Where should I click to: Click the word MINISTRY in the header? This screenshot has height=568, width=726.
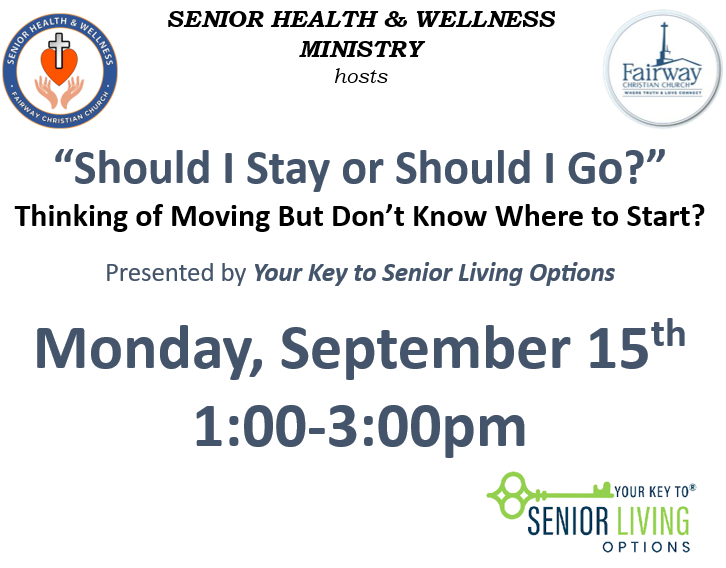[362, 49]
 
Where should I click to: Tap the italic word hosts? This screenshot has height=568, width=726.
[361, 76]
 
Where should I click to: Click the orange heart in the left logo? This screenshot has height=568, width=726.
[59, 66]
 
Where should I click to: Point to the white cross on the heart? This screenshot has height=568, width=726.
[59, 50]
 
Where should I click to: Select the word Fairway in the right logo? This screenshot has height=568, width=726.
[661, 73]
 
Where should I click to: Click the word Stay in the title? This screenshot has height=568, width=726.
[288, 169]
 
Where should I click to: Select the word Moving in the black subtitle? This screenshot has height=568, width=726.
[220, 217]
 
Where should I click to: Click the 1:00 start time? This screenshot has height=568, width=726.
[250, 426]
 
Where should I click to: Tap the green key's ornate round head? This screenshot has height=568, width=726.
[509, 495]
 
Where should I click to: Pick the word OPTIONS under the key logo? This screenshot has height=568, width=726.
[646, 547]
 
